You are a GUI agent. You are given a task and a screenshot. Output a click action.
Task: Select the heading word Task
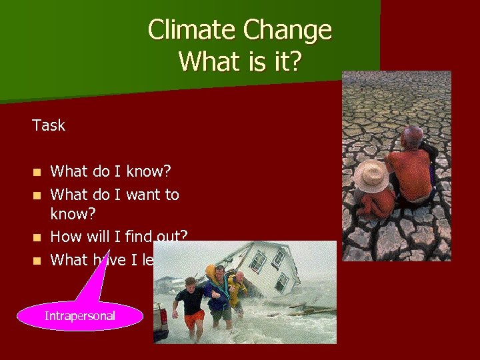(x=49, y=125)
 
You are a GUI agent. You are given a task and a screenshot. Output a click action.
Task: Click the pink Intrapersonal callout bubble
(x=79, y=315)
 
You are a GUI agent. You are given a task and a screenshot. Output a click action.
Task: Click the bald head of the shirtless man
(x=412, y=137)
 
